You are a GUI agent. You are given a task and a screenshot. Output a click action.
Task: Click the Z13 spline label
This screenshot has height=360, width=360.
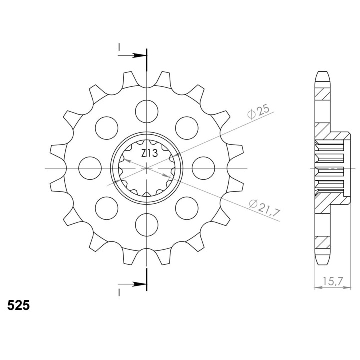pos(149,153)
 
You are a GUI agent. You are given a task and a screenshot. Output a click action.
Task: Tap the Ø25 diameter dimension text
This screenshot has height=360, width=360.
pos(259,112)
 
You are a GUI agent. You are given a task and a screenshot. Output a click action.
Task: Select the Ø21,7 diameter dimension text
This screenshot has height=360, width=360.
pos(264,206)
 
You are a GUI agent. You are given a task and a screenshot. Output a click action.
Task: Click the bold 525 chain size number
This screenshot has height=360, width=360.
pos(19,305)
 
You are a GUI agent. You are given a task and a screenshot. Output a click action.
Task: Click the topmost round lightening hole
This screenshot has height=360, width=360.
pos(147,112)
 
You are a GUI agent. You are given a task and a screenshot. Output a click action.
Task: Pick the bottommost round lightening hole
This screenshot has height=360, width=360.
pos(147,225)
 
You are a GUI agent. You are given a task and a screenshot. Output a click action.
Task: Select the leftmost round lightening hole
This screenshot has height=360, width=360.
pos(90,168)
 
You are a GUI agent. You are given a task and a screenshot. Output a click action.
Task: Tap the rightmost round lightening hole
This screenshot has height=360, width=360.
pos(203,168)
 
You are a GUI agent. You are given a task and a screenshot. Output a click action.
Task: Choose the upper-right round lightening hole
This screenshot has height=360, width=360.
pos(187,128)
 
